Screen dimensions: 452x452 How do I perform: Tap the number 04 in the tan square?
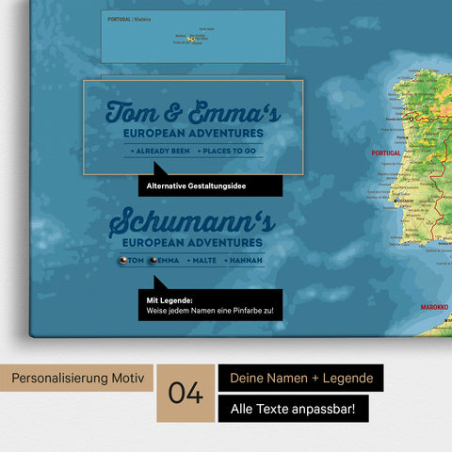(x=187, y=394)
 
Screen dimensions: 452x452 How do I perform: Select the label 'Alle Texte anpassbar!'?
(x=294, y=409)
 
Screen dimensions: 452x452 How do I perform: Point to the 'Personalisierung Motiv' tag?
(x=77, y=379)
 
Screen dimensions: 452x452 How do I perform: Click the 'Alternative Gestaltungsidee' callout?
(x=196, y=186)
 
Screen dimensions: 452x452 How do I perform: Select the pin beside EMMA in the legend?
(x=153, y=260)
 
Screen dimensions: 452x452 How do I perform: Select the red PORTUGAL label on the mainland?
(x=387, y=152)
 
